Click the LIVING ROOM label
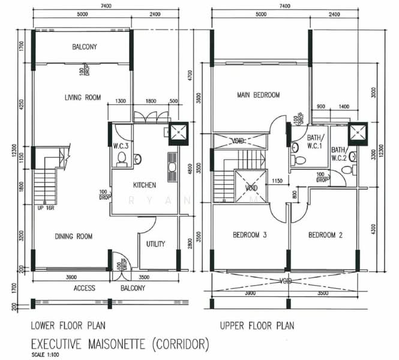83,97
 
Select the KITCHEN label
144,185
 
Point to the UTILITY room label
155,244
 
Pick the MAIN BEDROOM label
259,95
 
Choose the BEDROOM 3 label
249,235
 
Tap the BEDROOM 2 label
325,235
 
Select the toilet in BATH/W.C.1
298,160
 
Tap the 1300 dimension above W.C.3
120,102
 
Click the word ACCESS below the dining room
85,288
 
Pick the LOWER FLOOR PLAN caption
68,326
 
